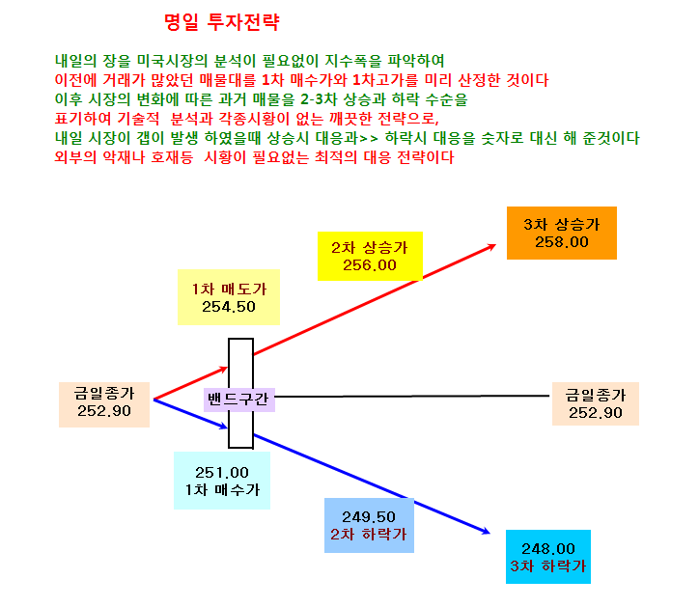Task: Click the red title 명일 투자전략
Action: coord(221,22)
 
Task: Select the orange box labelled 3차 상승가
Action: coord(562,233)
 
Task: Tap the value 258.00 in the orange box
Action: coord(562,242)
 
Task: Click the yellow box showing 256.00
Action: coord(370,257)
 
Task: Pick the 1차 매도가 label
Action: coord(229,290)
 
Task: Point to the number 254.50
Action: coord(229,307)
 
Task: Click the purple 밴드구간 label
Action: coord(238,399)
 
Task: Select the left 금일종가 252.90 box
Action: coord(104,404)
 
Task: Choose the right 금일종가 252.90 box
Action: coord(595,403)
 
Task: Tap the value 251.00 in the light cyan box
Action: coord(221,472)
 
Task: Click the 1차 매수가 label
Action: coord(222,490)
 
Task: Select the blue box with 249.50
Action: coord(369,525)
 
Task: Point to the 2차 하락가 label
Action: coord(369,534)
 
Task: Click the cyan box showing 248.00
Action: coord(547,557)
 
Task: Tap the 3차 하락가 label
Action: coord(547,566)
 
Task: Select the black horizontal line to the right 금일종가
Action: coord(412,396)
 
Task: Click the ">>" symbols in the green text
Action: coord(369,139)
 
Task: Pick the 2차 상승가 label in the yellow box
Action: coord(370,248)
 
